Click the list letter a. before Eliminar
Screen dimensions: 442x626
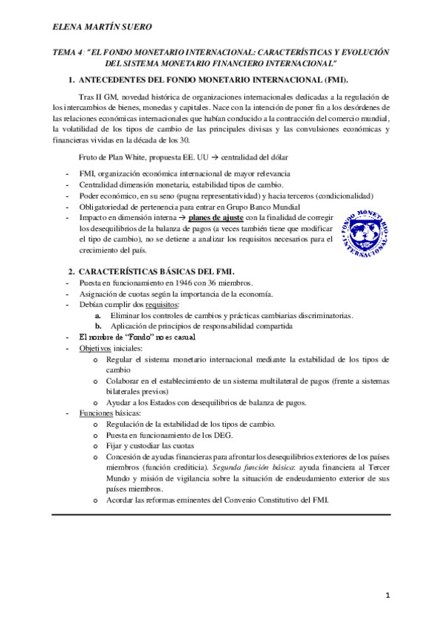(x=89, y=315)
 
